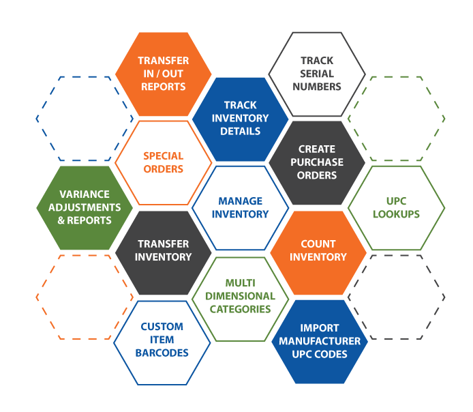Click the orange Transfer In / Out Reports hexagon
pos(164,74)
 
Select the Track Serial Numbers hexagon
pos(316,74)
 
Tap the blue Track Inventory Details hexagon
pos(241,118)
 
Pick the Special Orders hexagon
pos(164,162)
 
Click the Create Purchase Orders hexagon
pos(317,162)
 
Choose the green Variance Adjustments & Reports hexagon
pos(85,207)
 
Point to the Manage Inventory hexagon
pos(241,207)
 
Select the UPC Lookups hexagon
pos(396,207)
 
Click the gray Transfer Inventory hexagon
pos(164,251)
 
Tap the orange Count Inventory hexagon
pos(318,251)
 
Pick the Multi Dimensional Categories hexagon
pos(241,296)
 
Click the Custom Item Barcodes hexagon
pos(162,340)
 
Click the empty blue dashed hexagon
pos(85,119)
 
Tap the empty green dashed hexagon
pos(396,119)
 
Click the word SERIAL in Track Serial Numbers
pos(317,74)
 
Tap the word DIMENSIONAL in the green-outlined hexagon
pos(241,296)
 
